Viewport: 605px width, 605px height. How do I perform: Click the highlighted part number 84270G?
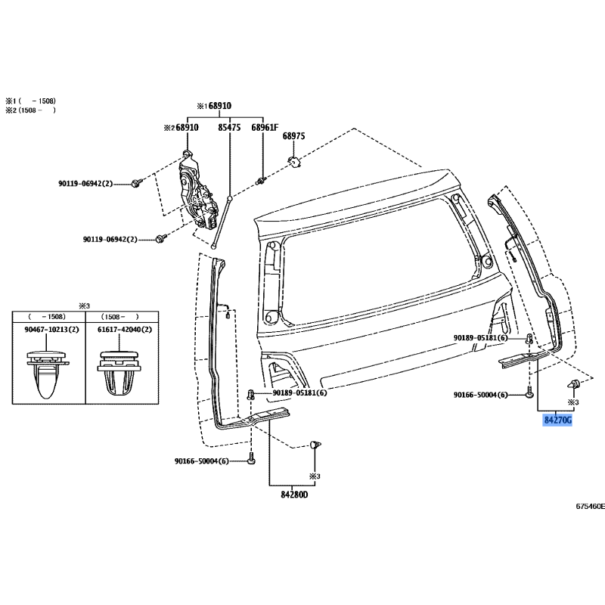click(x=557, y=418)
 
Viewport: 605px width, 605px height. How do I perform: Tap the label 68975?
click(x=293, y=136)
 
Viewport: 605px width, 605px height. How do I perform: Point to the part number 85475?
click(x=229, y=128)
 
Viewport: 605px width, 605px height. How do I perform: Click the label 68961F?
click(x=265, y=128)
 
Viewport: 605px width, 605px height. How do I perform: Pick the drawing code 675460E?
click(x=589, y=507)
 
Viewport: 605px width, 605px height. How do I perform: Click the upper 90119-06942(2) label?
click(x=85, y=184)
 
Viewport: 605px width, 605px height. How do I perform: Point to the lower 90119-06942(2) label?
click(x=110, y=240)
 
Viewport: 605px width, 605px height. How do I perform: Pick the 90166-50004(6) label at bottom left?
click(x=200, y=461)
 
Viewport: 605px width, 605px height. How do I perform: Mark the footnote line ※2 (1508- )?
click(x=31, y=110)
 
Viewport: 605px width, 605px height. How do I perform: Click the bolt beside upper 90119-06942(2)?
click(x=135, y=183)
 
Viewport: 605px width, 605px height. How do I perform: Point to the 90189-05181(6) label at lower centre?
click(x=300, y=393)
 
